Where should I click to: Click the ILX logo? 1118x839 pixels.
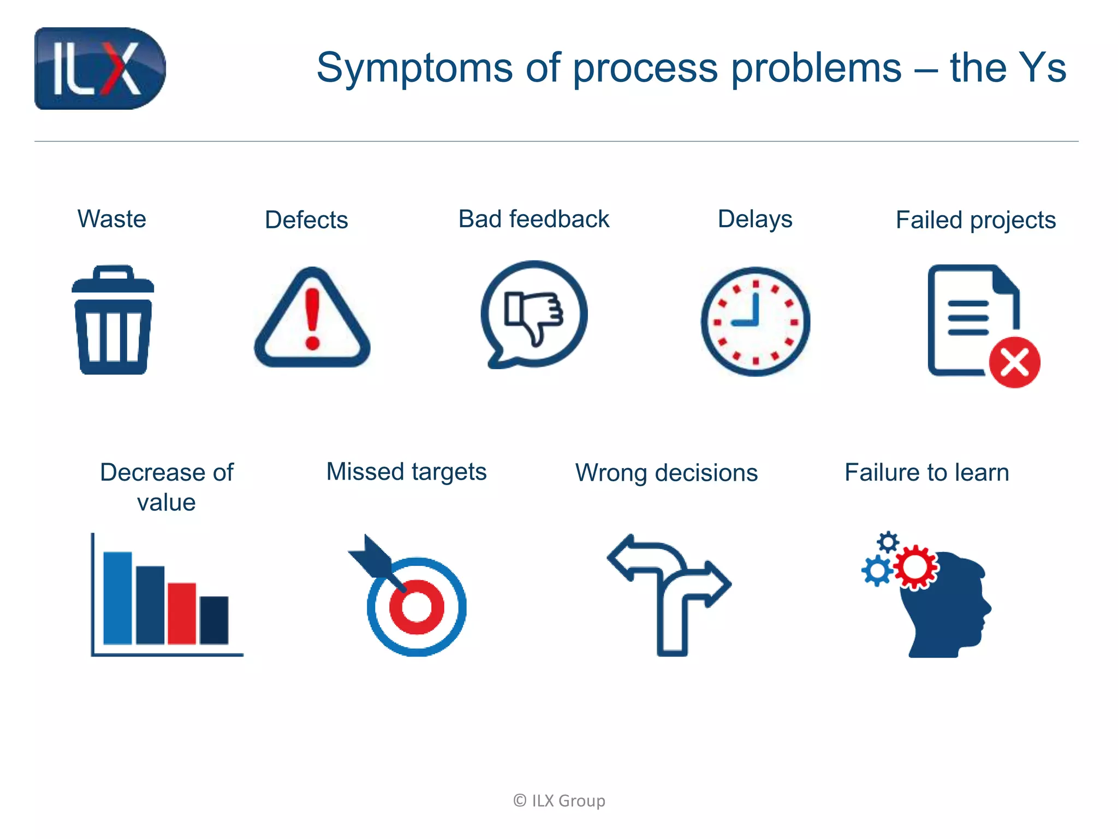(x=100, y=68)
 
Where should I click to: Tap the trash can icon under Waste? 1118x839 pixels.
(x=113, y=321)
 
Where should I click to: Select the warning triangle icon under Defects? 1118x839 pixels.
(x=312, y=320)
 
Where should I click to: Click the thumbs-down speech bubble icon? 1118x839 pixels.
(x=534, y=314)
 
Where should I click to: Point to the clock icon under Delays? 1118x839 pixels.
(x=756, y=321)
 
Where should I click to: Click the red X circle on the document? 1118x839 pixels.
(x=1015, y=363)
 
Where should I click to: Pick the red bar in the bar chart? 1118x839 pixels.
(x=182, y=613)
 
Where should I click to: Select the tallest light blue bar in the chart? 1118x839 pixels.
(x=117, y=598)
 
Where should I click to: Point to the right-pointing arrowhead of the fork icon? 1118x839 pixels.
(x=717, y=583)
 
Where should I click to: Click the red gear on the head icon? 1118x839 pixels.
(x=915, y=567)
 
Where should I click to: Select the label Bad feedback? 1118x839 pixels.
(x=533, y=219)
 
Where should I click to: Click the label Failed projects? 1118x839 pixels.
(x=976, y=220)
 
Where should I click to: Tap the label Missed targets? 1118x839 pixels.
(x=406, y=472)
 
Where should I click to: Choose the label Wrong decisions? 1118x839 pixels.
(x=667, y=473)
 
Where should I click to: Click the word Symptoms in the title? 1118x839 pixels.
(x=414, y=68)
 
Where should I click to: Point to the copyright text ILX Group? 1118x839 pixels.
(x=560, y=801)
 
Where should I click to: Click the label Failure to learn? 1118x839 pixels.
(x=926, y=472)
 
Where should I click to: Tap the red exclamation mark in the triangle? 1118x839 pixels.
(x=312, y=320)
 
